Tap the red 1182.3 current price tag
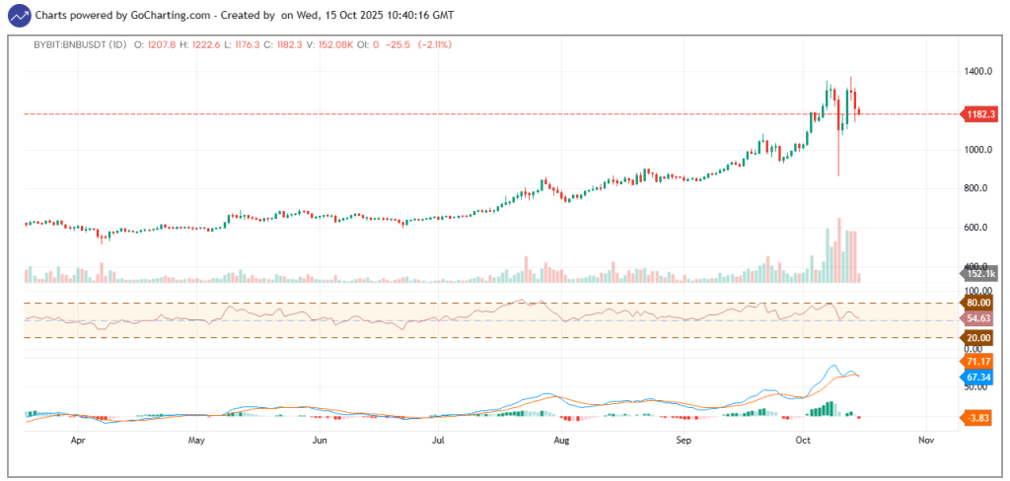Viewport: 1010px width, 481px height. [x=978, y=113]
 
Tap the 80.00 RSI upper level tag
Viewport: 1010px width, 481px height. [x=978, y=304]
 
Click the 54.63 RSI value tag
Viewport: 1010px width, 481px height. [x=978, y=318]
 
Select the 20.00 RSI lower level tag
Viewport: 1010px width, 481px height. [x=978, y=338]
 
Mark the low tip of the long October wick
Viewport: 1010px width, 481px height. [x=839, y=175]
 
